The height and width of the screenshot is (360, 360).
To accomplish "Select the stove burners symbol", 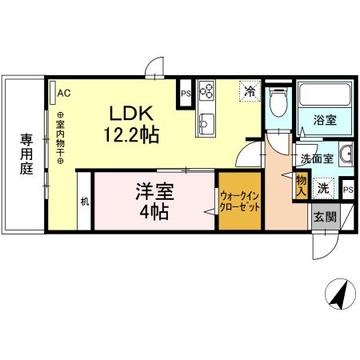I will pos(206,90).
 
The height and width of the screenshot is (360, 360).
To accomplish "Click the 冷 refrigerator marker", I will pos(250,91).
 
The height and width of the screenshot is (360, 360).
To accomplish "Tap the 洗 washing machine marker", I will pos(322,189).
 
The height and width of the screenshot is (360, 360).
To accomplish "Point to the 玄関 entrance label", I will pos(324,217).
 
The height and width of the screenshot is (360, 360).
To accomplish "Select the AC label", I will pos(64,93).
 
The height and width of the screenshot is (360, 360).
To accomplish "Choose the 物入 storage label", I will pos(301,186).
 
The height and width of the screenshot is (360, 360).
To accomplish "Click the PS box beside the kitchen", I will pos(185,93).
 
